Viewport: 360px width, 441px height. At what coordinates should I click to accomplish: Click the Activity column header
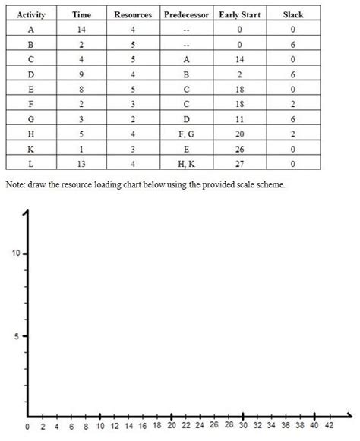tap(30, 14)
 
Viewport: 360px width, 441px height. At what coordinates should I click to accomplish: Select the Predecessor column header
tap(187, 14)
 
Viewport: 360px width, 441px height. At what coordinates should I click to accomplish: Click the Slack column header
tap(292, 14)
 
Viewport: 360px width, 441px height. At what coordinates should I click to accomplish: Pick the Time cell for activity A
tap(81, 29)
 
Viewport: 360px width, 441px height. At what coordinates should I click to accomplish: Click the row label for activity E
tap(30, 90)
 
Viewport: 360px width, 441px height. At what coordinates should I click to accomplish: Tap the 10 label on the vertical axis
tap(15, 253)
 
